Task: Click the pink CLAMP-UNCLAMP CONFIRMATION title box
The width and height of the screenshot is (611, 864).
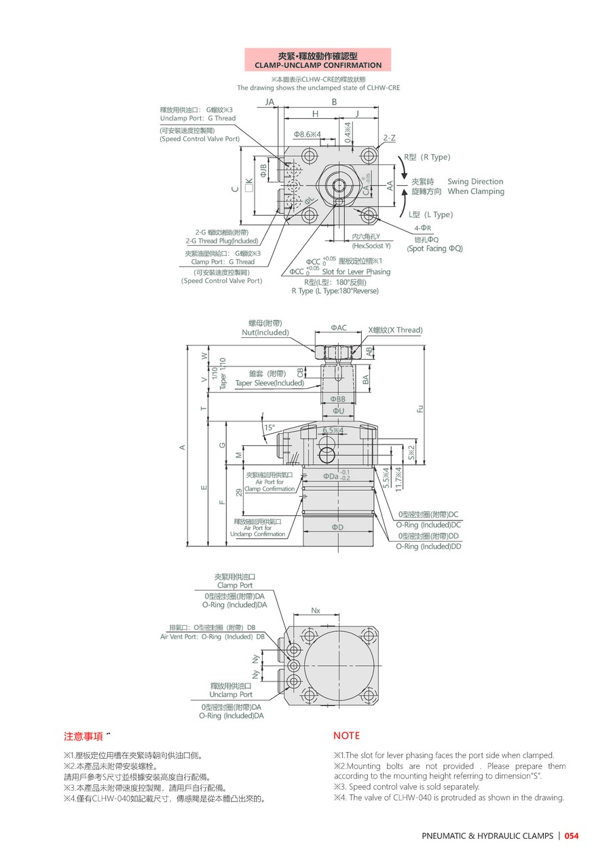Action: (318, 60)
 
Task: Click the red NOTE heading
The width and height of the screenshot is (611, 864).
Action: (346, 736)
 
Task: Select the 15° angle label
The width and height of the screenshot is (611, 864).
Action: (270, 428)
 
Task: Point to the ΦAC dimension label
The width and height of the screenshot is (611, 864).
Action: (339, 328)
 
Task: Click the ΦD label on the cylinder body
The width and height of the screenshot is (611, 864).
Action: (337, 527)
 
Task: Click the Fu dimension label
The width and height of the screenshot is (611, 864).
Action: (420, 409)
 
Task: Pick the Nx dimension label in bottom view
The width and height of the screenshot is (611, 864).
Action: (316, 610)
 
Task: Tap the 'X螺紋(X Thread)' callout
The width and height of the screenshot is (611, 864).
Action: (395, 331)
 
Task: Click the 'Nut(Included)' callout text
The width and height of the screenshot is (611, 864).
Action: (265, 333)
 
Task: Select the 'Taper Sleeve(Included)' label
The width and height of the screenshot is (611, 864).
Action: (270, 383)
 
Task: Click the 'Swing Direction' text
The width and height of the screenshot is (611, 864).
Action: (475, 182)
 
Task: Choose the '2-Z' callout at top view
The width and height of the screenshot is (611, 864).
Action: (389, 138)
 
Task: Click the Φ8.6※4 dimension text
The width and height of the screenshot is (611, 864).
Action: (308, 134)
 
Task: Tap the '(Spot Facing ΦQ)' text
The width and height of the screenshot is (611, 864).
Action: (434, 249)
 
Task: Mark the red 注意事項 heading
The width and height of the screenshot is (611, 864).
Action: (83, 736)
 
